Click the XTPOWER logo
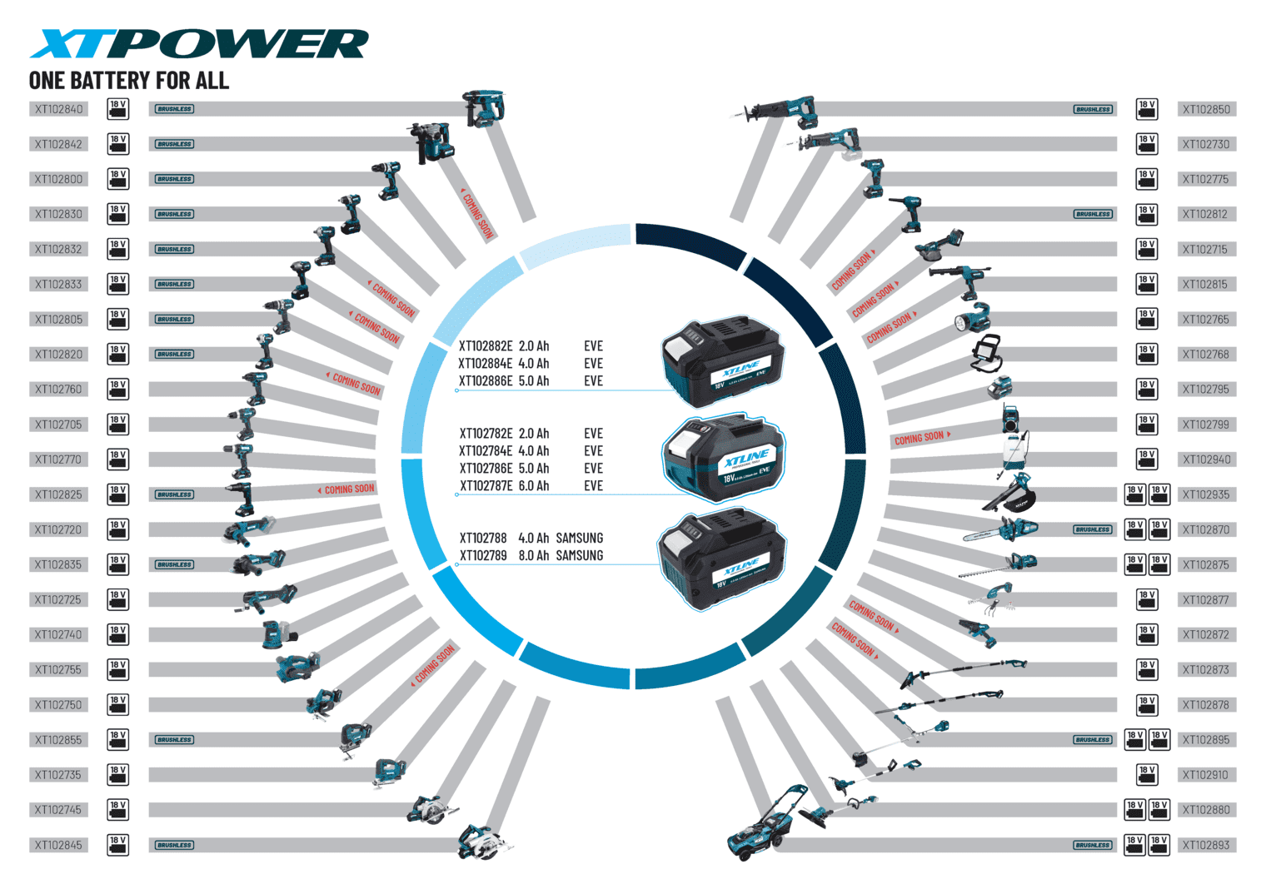pyautogui.click(x=198, y=44)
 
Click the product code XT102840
pyautogui.click(x=58, y=109)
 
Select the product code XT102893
pyautogui.click(x=1206, y=845)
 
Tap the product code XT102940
pyautogui.click(x=1206, y=459)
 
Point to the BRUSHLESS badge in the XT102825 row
pyautogui.click(x=174, y=494)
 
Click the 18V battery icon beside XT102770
pyautogui.click(x=118, y=459)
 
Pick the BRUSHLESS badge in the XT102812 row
pyautogui.click(x=1093, y=214)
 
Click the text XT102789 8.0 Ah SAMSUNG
pyautogui.click(x=531, y=556)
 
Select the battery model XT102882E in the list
pyautogui.click(x=486, y=346)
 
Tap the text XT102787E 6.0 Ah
pyautogui.click(x=504, y=486)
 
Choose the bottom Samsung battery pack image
pyautogui.click(x=721, y=559)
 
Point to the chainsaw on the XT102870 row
pyautogui.click(x=1001, y=530)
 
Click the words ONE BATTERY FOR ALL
pyautogui.click(x=129, y=81)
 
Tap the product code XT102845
pyautogui.click(x=58, y=845)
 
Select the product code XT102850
pyautogui.click(x=1206, y=109)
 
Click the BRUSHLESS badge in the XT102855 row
pyautogui.click(x=174, y=740)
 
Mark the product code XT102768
pyautogui.click(x=1206, y=355)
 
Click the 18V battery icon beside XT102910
pyautogui.click(x=1147, y=775)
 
